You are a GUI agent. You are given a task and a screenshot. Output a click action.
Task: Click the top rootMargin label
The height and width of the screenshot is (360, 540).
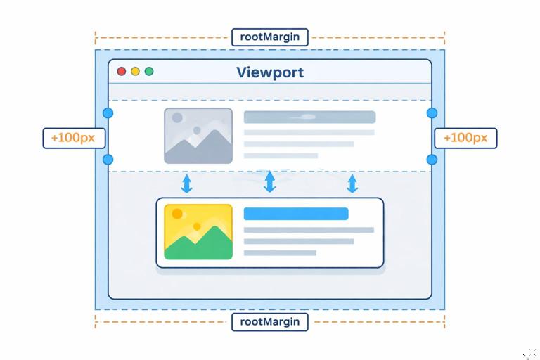269,37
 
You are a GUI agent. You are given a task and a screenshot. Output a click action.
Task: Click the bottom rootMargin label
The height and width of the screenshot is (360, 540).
269,322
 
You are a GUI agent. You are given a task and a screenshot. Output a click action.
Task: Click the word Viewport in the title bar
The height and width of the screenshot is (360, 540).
270,72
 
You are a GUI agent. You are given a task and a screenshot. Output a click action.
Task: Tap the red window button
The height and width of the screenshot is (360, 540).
122,72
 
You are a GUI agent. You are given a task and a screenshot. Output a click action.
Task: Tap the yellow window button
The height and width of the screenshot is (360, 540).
135,72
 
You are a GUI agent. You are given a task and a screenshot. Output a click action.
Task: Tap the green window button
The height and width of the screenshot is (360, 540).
148,72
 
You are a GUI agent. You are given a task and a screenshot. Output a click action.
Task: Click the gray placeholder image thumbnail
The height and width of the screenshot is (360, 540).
198,136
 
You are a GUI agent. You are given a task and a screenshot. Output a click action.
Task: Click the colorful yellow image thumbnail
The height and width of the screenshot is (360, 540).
198,232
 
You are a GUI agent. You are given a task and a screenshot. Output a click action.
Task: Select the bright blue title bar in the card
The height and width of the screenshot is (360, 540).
296,214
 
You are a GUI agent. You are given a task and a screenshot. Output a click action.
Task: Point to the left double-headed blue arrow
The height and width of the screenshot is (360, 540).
186,184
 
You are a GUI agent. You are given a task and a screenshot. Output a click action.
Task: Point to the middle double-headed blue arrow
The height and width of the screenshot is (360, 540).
269,182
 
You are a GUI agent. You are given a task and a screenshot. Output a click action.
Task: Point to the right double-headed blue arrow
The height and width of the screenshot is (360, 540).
352,184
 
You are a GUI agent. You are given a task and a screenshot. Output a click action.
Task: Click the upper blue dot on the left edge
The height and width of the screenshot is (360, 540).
108,113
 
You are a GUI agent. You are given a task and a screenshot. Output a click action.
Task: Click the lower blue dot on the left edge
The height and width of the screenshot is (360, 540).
108,160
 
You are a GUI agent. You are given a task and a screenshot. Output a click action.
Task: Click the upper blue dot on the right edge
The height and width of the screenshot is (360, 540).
432,113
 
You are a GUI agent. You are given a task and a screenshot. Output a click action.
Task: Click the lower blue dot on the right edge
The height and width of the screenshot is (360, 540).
432,160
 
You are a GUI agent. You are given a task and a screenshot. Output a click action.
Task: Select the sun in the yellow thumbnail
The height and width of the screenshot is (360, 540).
176,214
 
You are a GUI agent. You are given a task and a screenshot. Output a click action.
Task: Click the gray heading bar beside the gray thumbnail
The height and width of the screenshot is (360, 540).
309,117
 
